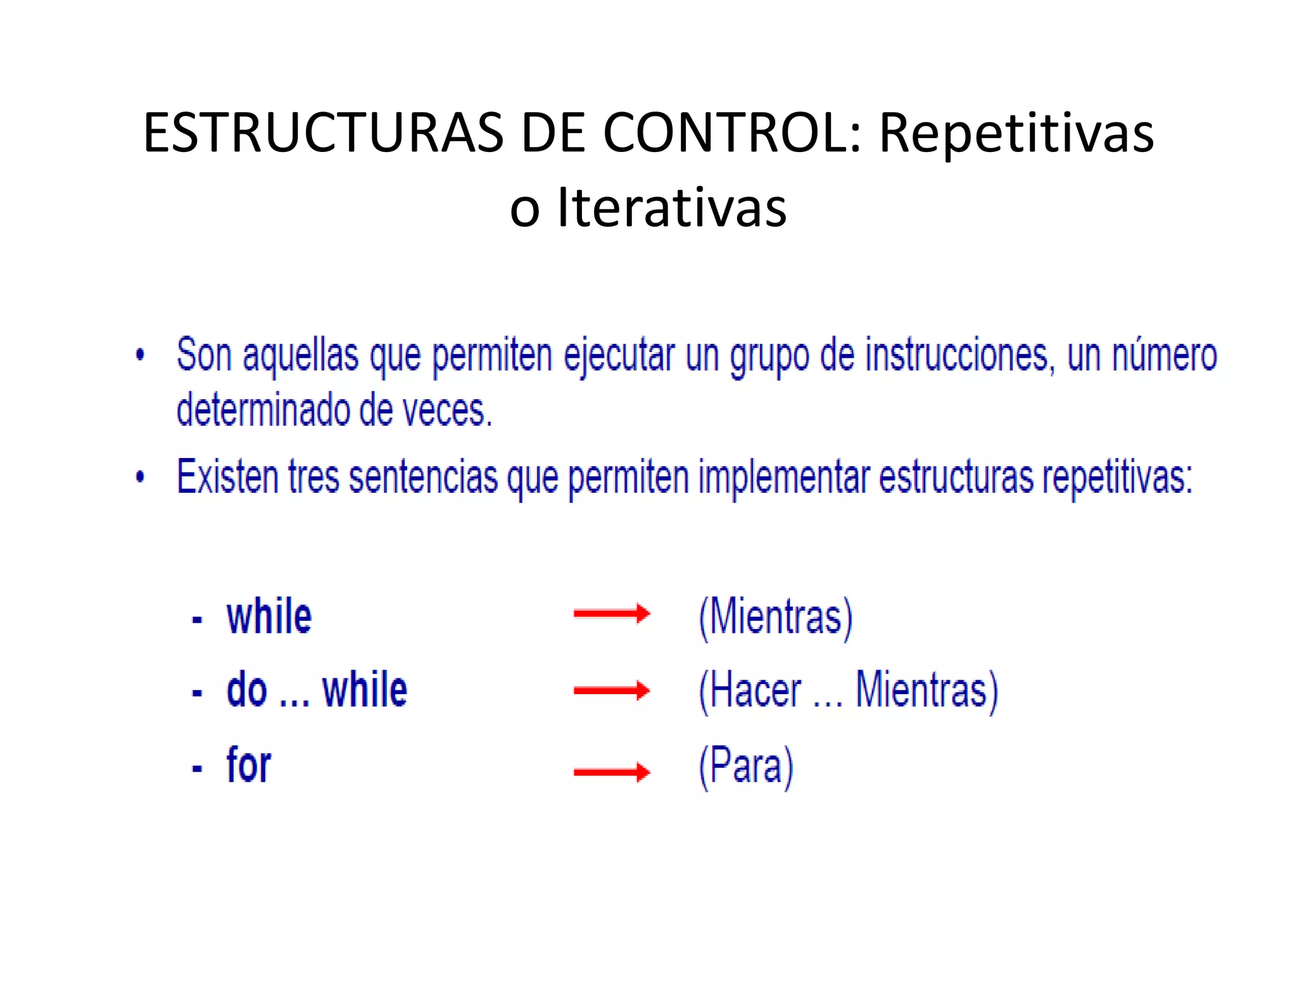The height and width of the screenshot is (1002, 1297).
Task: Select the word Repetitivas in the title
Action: click(x=1016, y=133)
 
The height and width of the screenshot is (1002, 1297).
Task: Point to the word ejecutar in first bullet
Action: click(x=619, y=356)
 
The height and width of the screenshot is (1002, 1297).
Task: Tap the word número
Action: click(x=1164, y=356)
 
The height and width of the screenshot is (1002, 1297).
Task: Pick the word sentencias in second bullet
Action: click(x=423, y=476)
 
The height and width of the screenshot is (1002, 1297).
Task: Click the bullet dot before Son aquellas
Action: click(x=140, y=355)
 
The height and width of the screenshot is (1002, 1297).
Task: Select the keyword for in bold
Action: click(x=249, y=765)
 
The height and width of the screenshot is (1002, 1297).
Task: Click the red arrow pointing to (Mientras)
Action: click(x=611, y=613)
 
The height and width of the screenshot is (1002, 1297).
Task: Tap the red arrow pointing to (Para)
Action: click(x=611, y=771)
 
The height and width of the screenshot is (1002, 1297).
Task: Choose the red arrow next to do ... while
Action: click(x=611, y=690)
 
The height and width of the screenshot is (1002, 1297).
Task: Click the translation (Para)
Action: click(x=746, y=766)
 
